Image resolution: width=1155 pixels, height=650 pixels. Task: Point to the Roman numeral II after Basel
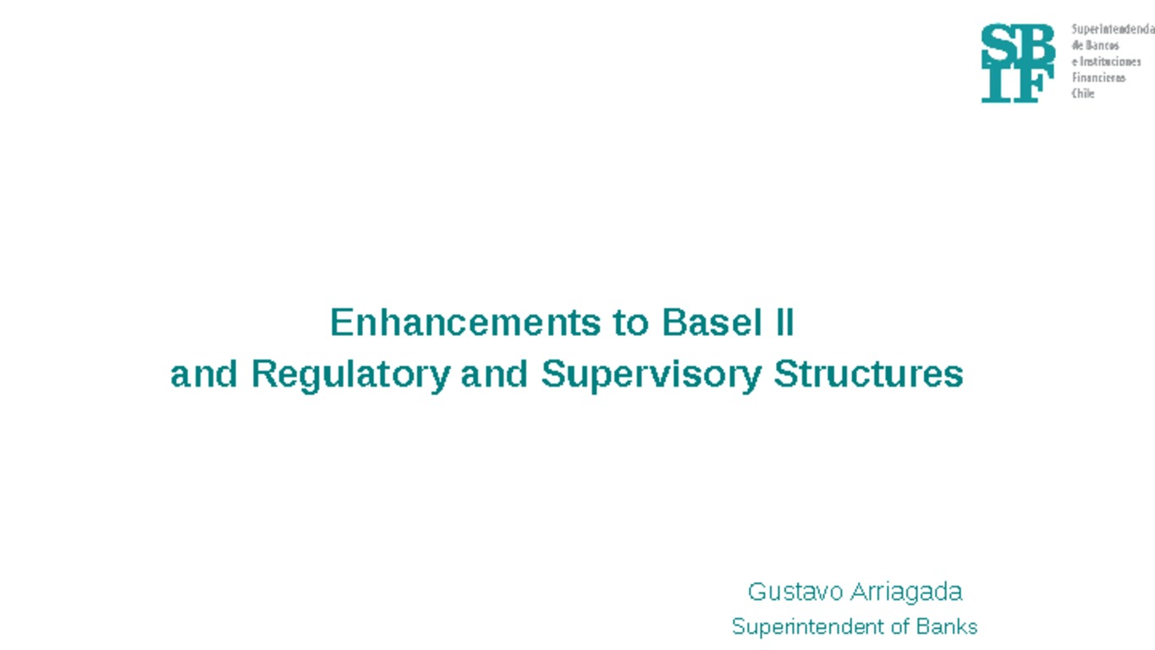[x=783, y=322]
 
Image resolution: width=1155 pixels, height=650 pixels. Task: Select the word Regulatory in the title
[x=349, y=374]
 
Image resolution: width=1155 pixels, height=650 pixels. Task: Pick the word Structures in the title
[x=868, y=374]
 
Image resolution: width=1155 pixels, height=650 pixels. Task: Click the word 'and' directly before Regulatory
[x=203, y=374]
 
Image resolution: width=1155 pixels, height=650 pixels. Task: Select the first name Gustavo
[x=795, y=591]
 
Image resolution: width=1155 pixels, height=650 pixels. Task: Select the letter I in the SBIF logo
[x=998, y=85]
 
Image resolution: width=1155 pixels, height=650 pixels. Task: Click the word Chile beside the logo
[x=1082, y=94]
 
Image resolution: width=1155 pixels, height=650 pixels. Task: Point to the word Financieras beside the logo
[x=1098, y=78]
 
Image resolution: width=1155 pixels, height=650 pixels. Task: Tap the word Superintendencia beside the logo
[x=1113, y=30]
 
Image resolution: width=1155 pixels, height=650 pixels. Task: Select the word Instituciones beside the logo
[x=1109, y=62]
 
